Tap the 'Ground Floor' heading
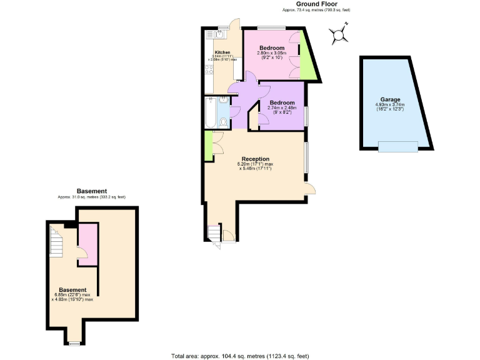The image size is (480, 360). (x=299, y=4)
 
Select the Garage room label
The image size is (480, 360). (x=390, y=99)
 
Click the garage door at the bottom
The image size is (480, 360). (x=398, y=146)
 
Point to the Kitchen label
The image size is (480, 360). (x=222, y=52)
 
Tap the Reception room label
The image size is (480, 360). (x=256, y=159)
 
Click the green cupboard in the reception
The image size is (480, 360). (x=207, y=146)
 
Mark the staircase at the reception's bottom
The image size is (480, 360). (x=214, y=233)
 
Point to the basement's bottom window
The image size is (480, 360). (x=74, y=342)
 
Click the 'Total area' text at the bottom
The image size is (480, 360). (x=240, y=356)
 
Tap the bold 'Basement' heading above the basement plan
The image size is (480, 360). (x=92, y=191)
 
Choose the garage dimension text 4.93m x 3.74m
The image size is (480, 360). (x=390, y=105)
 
